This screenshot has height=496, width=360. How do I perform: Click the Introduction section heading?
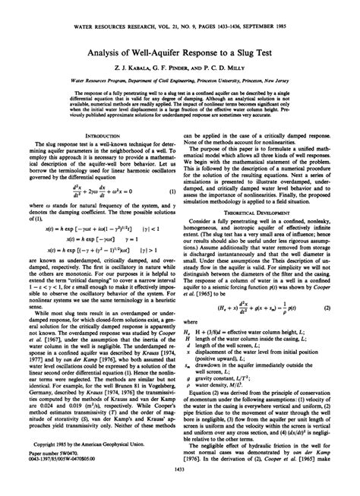point(93,136)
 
